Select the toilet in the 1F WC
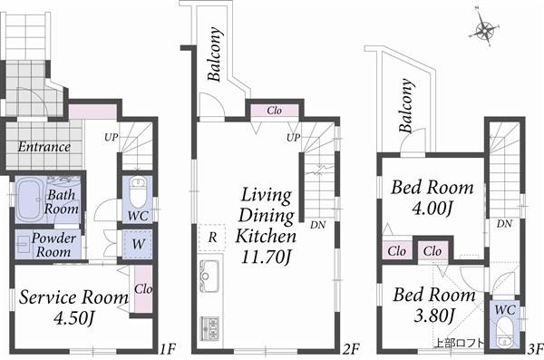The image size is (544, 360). click(137, 193)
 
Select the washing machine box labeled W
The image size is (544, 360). click(136, 243)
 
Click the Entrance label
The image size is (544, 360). click(44, 147)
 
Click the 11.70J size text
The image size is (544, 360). click(267, 257)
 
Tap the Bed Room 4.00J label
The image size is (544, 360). click(432, 198)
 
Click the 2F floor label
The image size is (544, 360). click(352, 347)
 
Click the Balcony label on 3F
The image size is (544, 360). click(404, 112)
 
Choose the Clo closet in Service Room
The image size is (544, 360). click(141, 290)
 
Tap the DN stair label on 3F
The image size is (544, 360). click(505, 224)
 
